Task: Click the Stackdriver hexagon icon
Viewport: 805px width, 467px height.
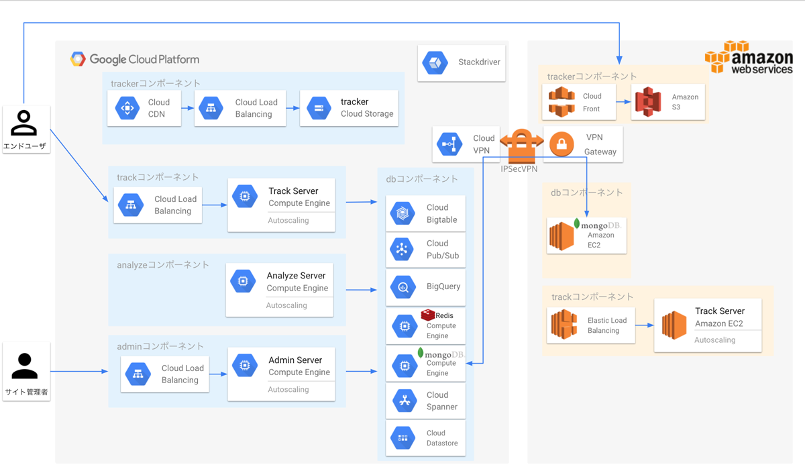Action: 435,62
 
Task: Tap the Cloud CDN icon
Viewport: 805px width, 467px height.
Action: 127,108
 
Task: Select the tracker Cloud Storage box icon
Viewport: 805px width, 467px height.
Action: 319,108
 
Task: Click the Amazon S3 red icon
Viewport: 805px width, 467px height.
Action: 647,102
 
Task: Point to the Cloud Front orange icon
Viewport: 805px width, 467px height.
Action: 561,102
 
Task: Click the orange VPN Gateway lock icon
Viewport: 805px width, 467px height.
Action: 561,144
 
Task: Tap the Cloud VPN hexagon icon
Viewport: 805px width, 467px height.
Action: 449,144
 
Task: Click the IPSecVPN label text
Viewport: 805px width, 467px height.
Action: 519,169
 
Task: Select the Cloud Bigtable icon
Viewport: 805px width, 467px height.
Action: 402,213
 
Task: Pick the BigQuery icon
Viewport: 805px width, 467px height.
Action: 402,287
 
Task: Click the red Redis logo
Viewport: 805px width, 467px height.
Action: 428,315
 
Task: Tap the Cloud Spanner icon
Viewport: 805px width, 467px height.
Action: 405,401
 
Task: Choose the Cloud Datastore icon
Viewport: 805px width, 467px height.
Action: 402,438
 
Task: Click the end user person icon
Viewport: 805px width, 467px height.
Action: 23,123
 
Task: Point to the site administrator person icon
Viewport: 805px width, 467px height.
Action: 24,366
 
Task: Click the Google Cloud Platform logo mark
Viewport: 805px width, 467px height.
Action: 78,59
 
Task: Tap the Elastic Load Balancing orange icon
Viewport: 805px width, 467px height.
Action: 564,324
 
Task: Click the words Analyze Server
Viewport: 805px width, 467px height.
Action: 296,276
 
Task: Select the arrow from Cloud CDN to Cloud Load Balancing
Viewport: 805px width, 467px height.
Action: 188,108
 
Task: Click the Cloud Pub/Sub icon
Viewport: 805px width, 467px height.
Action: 402,249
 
